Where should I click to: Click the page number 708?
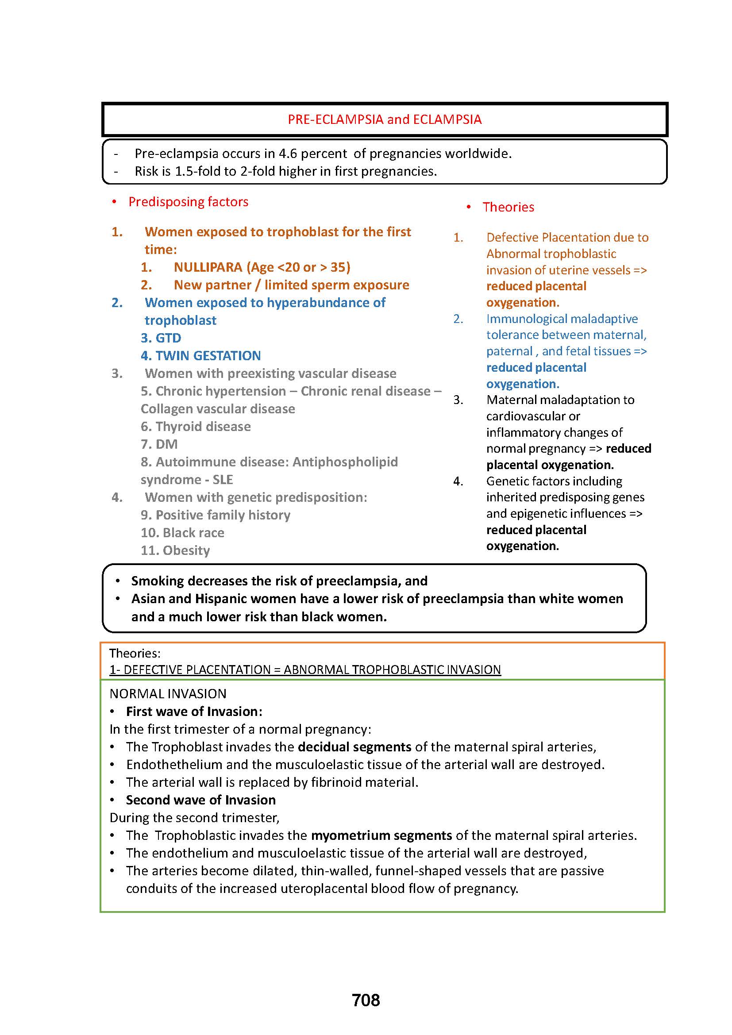coord(366,1000)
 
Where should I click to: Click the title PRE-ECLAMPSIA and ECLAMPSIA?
coord(385,119)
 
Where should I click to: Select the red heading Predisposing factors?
coord(188,201)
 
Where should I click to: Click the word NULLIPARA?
coord(208,267)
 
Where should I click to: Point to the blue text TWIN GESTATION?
coord(208,356)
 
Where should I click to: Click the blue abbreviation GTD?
coord(168,338)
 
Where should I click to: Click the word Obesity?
coord(186,550)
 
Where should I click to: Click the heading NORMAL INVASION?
coord(168,694)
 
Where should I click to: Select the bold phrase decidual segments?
coord(354,747)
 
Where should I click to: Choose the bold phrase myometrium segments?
coord(381,835)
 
